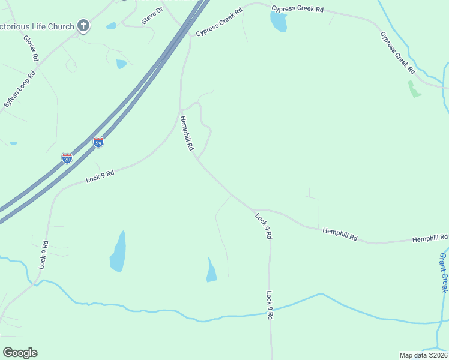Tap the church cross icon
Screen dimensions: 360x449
[83, 26]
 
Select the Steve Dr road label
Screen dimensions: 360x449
[152, 16]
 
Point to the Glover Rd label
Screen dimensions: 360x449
[31, 49]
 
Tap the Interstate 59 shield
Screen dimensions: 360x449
[98, 142]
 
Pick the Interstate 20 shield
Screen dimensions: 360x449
[67, 158]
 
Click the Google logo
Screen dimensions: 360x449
[20, 353]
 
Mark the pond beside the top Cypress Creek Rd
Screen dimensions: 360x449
[278, 22]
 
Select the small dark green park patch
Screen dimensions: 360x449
[414, 89]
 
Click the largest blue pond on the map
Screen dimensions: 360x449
[118, 253]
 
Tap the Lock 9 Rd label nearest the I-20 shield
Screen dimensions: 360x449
[100, 175]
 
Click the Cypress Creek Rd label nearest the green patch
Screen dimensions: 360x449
[397, 53]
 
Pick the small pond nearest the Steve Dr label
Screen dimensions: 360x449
[111, 26]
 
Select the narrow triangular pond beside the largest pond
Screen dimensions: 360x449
[211, 271]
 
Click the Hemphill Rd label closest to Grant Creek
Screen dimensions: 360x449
[429, 239]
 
